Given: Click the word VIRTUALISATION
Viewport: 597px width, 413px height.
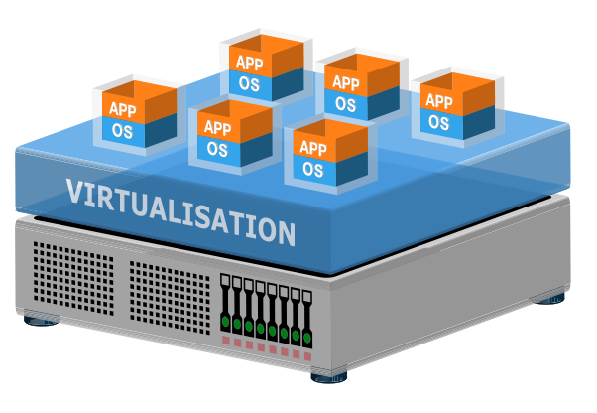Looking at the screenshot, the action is coord(180,211).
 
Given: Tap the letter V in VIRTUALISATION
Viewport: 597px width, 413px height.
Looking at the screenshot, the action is coord(74,191).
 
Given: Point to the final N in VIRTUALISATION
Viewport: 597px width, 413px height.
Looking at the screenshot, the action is coord(285,232).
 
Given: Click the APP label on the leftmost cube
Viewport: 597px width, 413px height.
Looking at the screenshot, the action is coord(123,110).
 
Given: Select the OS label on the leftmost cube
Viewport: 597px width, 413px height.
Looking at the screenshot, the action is coord(122,131).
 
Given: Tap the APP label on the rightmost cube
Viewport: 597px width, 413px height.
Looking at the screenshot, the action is coord(439,101).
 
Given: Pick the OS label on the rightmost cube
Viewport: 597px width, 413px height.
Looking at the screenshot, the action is coord(438,122).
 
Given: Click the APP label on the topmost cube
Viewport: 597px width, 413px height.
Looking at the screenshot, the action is coord(249,63).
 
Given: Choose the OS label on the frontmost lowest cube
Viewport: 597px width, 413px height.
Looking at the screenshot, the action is coord(313,169).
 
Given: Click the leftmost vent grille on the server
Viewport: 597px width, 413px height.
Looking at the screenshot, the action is coord(73,279).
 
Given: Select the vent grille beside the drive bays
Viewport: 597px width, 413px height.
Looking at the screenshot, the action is coord(170,298).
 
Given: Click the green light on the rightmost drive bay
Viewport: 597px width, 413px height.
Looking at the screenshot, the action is coord(307,338).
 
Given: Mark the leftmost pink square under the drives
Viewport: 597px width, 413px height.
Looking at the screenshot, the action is coord(226,341).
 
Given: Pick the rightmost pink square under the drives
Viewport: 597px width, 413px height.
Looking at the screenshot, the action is coord(307,357).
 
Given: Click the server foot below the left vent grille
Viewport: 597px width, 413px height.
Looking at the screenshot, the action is coord(41,321).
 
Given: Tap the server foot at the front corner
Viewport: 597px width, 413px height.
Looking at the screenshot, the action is coord(329,377).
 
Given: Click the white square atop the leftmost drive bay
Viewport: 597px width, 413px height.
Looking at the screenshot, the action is coord(225,280).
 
